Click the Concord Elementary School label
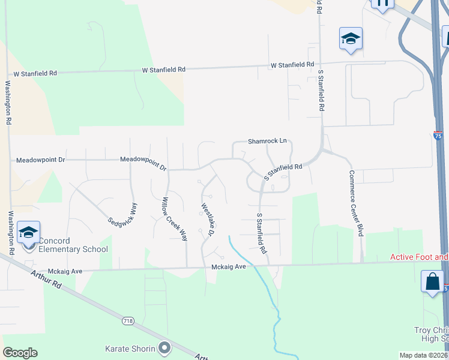click(73, 245)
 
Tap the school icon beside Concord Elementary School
click(28, 232)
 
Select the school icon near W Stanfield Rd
click(351, 39)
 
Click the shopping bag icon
click(432, 281)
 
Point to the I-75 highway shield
click(438, 137)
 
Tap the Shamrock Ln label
click(268, 142)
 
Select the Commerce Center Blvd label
click(355, 203)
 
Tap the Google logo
click(20, 353)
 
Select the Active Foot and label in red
click(419, 257)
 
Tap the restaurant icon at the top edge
click(382, 3)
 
